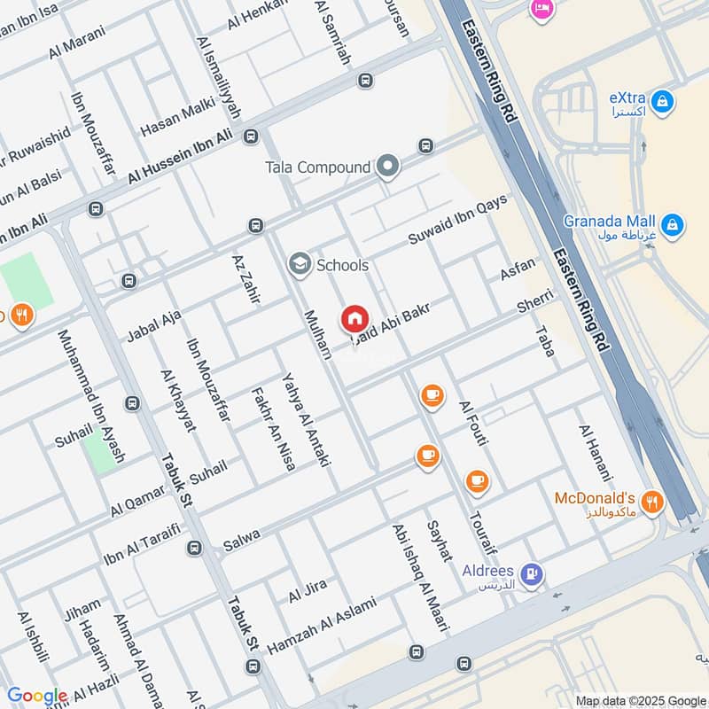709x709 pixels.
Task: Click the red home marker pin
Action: coord(354,318)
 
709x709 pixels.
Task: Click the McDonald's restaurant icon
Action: coord(652,502)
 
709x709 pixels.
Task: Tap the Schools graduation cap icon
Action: coord(300,264)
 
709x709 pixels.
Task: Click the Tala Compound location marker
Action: coord(386,166)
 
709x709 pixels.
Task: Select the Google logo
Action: coord(37,697)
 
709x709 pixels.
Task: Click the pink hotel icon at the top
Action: coord(540,9)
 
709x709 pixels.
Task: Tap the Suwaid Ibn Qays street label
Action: coord(457,221)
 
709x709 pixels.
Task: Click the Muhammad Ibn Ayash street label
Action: coord(91,396)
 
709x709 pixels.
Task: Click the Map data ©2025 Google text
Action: coord(639,700)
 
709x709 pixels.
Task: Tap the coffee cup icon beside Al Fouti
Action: coord(432,396)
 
